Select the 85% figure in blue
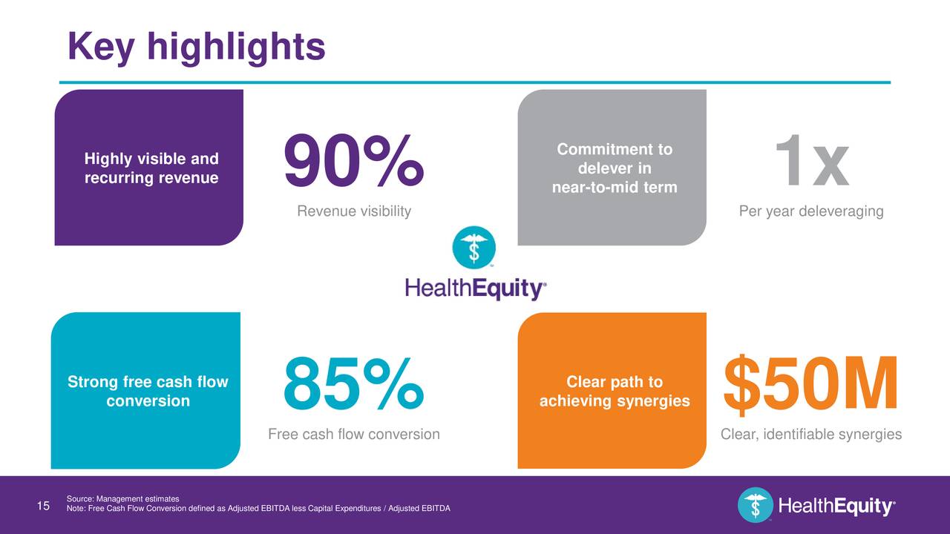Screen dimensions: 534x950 (353, 384)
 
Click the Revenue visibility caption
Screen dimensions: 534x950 (353, 212)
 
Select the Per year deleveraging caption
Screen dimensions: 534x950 (810, 212)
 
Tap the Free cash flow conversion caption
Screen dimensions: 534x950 (353, 435)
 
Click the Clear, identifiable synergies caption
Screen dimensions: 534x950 (810, 435)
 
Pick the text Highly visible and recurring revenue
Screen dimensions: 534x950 (151, 168)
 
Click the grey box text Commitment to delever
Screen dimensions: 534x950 (614, 168)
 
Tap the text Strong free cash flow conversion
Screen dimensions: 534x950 (148, 392)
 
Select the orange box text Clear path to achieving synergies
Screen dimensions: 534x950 (614, 392)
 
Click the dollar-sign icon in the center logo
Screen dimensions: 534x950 (474, 248)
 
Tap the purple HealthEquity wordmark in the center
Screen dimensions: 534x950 (475, 288)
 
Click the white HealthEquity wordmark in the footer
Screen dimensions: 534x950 (836, 507)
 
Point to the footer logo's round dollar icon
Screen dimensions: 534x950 (755, 506)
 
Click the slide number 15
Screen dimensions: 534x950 (43, 506)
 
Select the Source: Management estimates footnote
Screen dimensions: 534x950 (122, 498)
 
